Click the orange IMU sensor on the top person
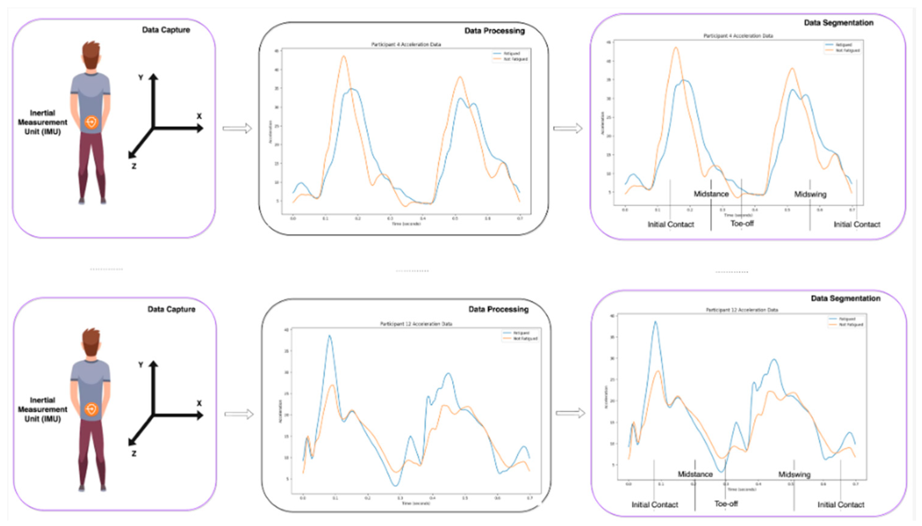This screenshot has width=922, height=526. (x=91, y=122)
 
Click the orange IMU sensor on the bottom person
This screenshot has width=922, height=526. (x=91, y=409)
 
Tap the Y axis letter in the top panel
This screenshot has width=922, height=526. (x=141, y=78)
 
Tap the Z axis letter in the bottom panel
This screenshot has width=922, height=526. (x=134, y=453)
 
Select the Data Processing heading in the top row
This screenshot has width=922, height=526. (x=494, y=31)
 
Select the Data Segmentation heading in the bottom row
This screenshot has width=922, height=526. (x=845, y=299)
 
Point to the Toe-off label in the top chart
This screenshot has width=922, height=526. (x=742, y=224)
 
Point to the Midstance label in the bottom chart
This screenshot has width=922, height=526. (x=695, y=474)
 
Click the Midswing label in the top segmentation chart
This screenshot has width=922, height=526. (x=810, y=194)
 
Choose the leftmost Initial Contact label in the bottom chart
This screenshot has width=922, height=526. (x=654, y=505)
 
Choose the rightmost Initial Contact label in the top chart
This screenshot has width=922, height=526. (x=857, y=224)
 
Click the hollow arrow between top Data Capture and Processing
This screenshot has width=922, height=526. (x=237, y=128)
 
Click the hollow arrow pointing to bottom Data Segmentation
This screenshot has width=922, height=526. (x=570, y=413)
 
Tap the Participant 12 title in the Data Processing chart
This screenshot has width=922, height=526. (x=416, y=324)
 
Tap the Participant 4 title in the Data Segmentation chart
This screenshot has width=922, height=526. (x=738, y=36)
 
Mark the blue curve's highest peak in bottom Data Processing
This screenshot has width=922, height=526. (x=329, y=336)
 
